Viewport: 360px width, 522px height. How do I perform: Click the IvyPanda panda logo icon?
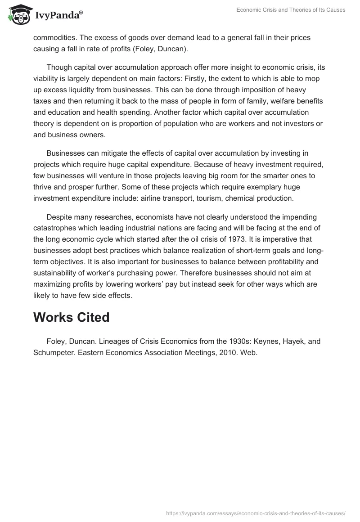click(18, 15)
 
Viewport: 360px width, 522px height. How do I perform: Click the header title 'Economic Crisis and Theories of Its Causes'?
click(291, 10)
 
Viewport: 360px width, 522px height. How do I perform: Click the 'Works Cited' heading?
click(71, 317)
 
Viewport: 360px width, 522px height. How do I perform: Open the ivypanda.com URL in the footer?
click(255, 513)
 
